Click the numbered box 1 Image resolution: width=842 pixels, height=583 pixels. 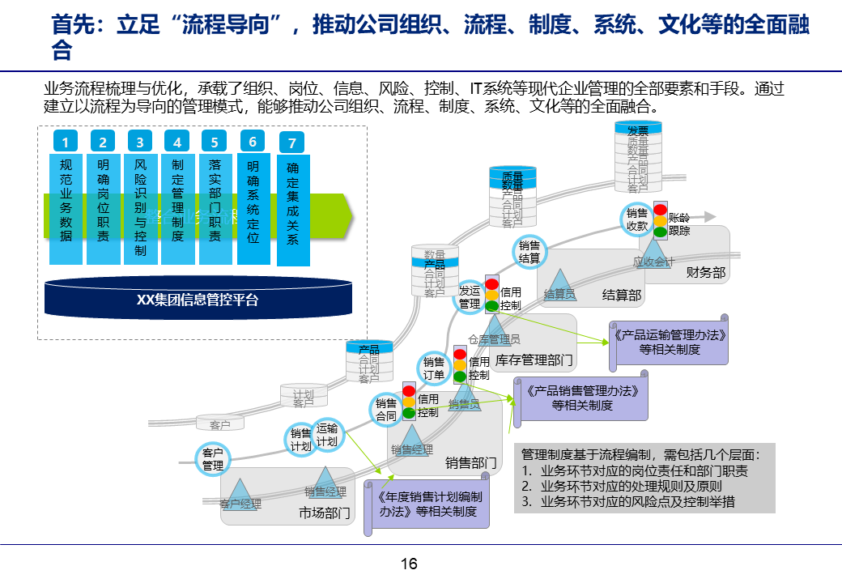[x=66, y=143]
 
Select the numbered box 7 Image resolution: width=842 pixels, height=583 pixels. [x=292, y=143]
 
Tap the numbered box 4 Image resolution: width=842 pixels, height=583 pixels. [x=177, y=143]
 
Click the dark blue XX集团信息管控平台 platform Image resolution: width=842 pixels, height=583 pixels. [x=198, y=299]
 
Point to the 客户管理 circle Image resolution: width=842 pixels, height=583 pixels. [x=213, y=459]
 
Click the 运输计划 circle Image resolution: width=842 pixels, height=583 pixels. [x=327, y=435]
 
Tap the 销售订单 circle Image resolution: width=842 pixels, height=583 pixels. [x=434, y=368]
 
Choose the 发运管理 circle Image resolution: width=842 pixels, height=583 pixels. [x=470, y=298]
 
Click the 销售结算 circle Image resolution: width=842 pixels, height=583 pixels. [x=529, y=252]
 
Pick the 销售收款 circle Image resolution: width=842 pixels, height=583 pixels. [x=637, y=219]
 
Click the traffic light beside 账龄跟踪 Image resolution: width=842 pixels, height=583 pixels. [x=661, y=219]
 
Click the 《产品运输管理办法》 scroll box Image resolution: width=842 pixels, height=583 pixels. [x=666, y=342]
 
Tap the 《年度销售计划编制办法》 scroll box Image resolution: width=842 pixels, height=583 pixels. [x=430, y=504]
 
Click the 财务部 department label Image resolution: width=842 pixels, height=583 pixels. [x=705, y=272]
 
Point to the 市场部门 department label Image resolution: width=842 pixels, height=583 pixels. [x=325, y=513]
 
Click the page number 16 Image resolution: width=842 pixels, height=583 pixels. [x=409, y=564]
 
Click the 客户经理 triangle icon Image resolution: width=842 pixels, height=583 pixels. [x=240, y=492]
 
